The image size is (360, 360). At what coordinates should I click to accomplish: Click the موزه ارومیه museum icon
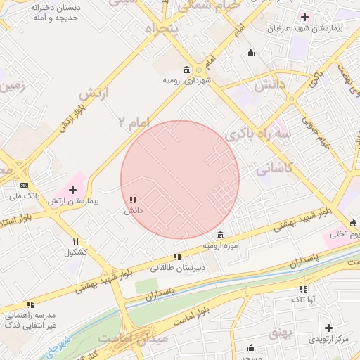click(221, 235)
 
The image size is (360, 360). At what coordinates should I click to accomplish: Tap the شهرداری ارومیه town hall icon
click(186, 70)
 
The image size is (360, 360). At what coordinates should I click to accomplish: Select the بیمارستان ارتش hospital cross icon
click(72, 190)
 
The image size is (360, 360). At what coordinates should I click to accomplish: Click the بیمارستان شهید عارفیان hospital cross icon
click(304, 17)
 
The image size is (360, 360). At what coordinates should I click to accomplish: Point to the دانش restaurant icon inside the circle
click(133, 200)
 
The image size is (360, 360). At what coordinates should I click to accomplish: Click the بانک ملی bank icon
click(24, 185)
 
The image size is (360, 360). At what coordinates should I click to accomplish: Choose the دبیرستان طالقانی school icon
click(177, 257)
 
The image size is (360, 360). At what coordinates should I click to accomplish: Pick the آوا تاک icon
click(303, 289)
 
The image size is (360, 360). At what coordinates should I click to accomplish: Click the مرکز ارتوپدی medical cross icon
click(328, 328)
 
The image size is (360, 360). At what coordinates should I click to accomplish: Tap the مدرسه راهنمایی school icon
click(30, 304)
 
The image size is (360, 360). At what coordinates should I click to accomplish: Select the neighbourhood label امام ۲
click(134, 122)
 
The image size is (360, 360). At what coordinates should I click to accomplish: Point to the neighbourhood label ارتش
click(90, 94)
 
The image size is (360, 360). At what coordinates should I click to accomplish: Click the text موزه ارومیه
click(221, 246)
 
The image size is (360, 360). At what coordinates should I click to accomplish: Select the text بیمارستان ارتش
click(74, 201)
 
